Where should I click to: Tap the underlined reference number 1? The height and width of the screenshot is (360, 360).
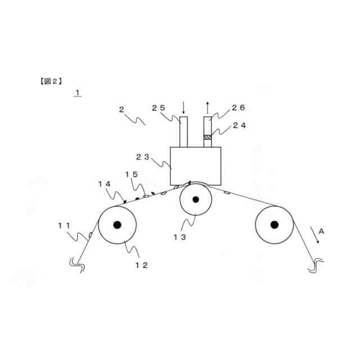point(78,92)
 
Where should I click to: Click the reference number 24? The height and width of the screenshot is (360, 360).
point(239,126)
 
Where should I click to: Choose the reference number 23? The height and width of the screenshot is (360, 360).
point(143,157)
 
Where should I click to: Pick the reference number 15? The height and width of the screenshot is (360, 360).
point(131,175)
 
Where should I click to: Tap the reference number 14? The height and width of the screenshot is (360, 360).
point(104,183)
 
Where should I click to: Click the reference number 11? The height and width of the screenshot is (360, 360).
point(64,226)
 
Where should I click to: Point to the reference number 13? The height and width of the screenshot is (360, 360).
point(179,237)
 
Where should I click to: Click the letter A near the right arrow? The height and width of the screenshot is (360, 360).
point(321,231)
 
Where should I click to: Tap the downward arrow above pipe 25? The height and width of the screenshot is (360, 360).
point(183,107)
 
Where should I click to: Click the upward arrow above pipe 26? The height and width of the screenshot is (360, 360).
point(208,107)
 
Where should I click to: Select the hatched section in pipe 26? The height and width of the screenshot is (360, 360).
point(208,137)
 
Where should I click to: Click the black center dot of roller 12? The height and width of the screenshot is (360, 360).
point(117,225)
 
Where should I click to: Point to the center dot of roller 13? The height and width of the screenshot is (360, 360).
point(196,200)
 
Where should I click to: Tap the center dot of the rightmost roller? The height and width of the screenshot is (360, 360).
point(274,225)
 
